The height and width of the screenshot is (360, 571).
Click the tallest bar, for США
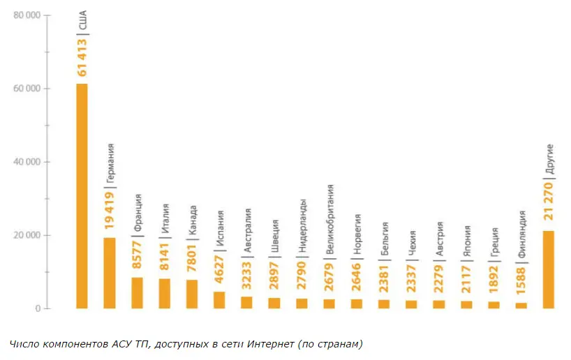point(82,195)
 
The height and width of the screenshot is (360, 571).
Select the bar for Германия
point(110,273)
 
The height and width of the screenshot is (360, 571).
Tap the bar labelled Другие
point(548,269)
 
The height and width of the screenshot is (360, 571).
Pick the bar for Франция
point(138,293)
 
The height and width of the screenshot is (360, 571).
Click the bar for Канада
point(192,294)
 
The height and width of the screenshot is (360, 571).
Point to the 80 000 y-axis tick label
point(26,15)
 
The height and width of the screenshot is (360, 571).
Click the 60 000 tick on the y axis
point(26,89)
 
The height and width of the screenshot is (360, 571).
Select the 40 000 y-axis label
point(26,162)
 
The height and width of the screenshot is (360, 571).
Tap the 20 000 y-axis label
point(26,235)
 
